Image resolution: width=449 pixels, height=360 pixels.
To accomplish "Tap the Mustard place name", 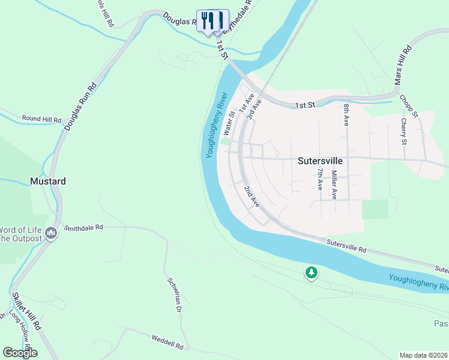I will point(48,181).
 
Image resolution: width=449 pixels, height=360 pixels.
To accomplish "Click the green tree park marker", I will point(311,273).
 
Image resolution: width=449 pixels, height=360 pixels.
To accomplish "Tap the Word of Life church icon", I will point(51,232).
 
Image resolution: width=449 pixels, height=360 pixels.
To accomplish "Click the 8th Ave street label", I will point(346,114).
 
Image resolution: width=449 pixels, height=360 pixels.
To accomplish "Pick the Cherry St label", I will point(404,131).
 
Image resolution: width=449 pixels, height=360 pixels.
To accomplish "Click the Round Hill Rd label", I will point(41,119).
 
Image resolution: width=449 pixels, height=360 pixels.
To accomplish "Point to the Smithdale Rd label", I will point(84,228).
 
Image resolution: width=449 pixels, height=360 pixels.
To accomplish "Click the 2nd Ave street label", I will point(252,197).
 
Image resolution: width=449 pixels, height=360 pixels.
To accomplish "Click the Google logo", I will point(20,352).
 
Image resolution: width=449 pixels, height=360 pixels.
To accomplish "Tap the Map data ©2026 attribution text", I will point(423,355).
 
